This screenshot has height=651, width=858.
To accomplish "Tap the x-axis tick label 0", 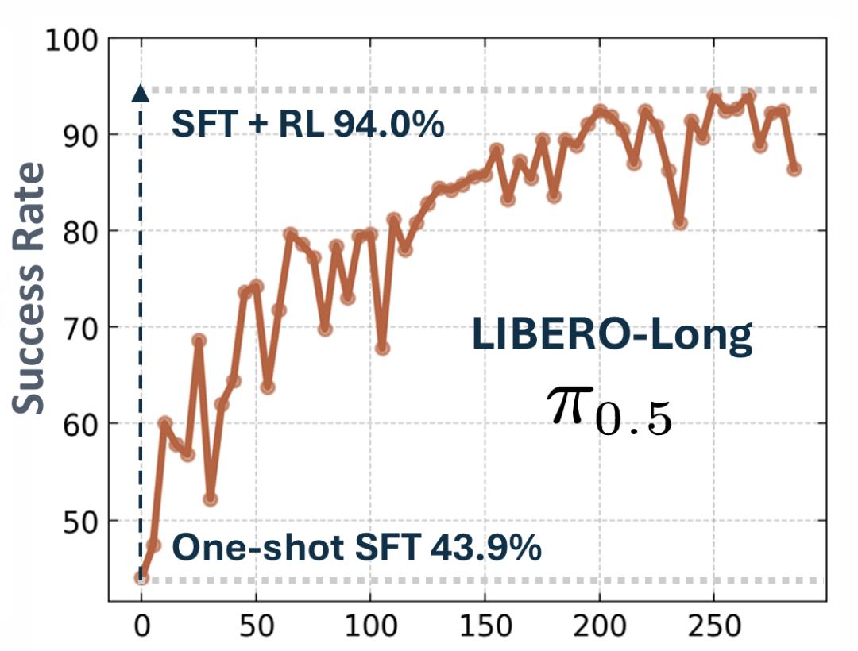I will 141,627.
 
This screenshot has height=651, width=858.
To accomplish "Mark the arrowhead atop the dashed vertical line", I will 141,93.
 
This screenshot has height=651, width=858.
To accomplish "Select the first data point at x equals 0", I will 141,577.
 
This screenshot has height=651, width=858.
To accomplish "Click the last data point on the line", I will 794,168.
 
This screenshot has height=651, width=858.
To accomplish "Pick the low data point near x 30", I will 211,499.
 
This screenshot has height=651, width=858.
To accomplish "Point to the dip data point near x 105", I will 382,348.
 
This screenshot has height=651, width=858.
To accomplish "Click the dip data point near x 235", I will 680,223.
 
